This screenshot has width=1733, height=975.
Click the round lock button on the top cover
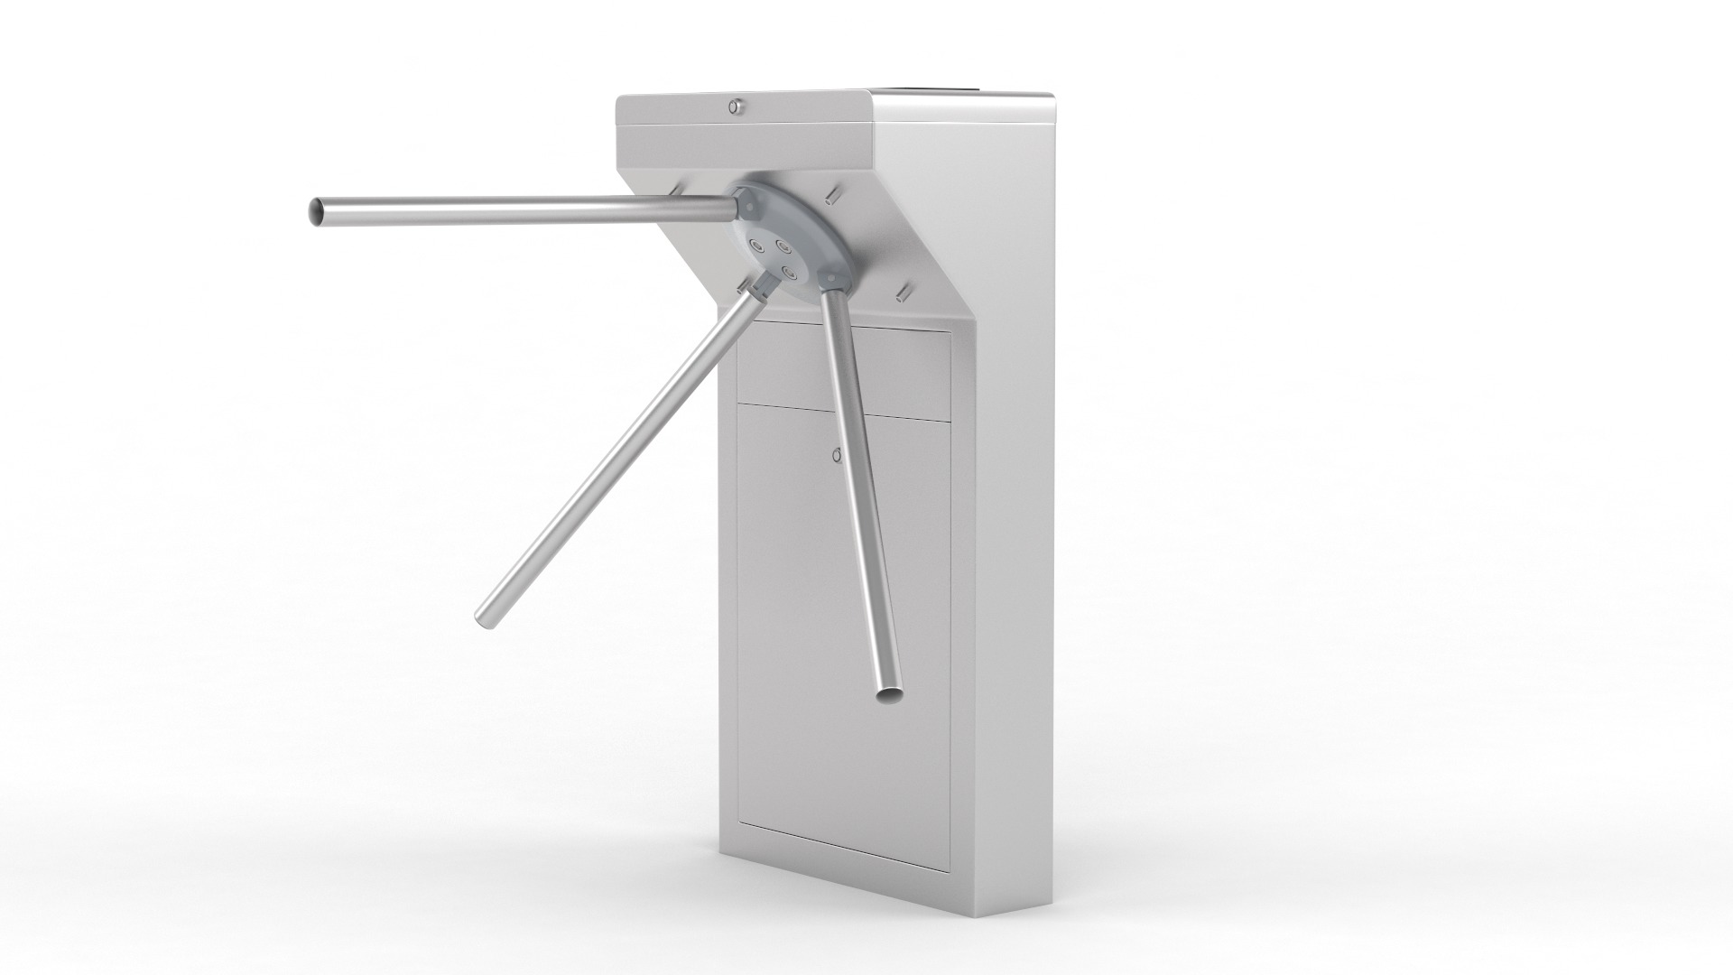pyautogui.click(x=737, y=107)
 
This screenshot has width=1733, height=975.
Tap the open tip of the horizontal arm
pyautogui.click(x=317, y=212)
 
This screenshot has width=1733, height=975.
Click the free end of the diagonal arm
pyautogui.click(x=484, y=614)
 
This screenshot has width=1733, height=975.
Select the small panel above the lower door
pyautogui.click(x=844, y=372)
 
